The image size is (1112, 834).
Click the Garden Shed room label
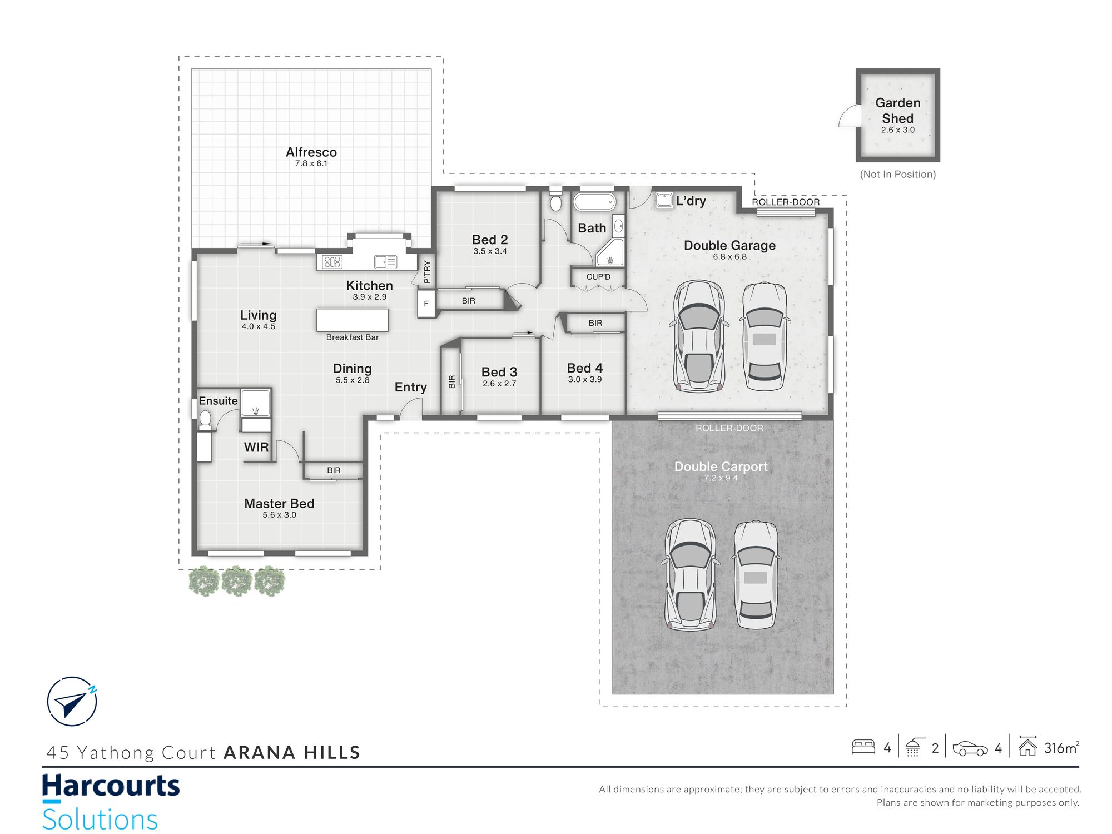tap(897, 111)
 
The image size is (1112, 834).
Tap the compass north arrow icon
tap(72, 701)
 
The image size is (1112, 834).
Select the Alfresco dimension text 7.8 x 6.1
tap(311, 163)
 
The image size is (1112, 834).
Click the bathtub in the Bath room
tap(594, 202)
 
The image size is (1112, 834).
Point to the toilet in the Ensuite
tap(205, 419)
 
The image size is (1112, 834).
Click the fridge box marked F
tap(426, 304)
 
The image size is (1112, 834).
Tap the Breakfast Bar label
tap(353, 337)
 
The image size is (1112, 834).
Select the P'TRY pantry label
tap(427, 272)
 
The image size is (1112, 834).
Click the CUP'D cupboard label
tap(598, 277)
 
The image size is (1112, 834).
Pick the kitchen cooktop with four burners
tap(332, 262)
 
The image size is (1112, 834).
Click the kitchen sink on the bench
tap(385, 262)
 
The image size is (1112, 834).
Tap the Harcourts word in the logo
tap(111, 786)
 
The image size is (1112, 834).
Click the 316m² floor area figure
tap(1062, 747)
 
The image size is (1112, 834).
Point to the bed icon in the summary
tap(863, 747)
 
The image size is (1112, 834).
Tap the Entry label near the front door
tap(411, 387)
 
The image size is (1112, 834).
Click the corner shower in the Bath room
tap(610, 253)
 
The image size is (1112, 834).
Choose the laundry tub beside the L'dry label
tap(664, 200)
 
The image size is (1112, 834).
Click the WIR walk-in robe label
tap(256, 447)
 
